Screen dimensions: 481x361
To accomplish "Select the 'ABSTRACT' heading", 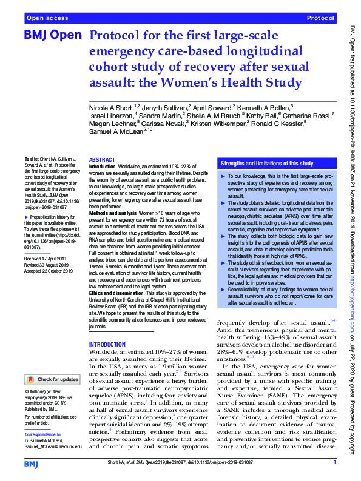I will (102, 159).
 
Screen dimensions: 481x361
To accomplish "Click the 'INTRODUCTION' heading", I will (108, 345).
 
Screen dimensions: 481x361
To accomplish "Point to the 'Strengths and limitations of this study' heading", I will (267, 164).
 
